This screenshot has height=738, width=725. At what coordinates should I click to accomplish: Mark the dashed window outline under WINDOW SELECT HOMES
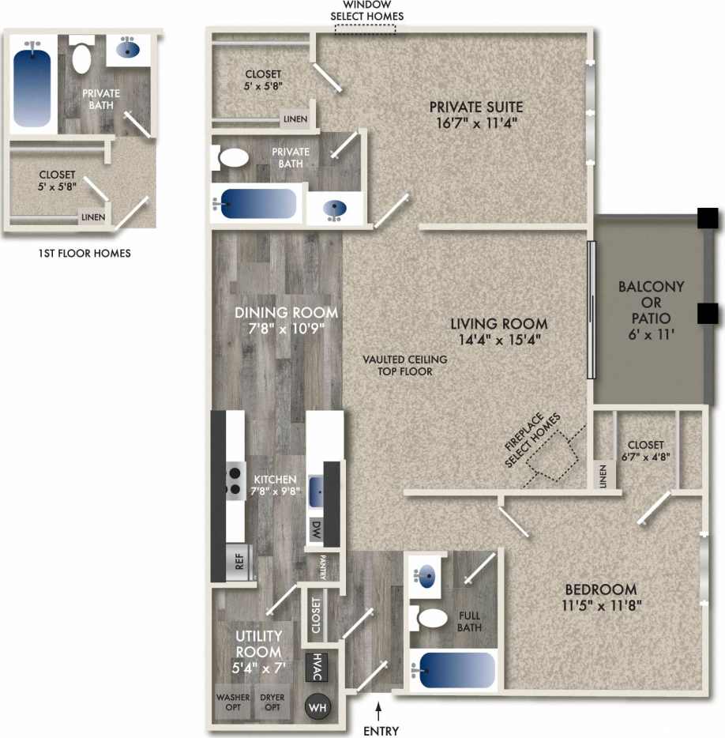[x=365, y=28]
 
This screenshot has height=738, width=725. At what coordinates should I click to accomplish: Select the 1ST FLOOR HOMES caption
[x=84, y=254]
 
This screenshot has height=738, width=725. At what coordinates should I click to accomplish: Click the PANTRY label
[x=323, y=567]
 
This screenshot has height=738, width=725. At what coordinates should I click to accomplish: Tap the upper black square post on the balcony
[x=707, y=217]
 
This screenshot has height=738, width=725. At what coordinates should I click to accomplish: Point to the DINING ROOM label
[x=286, y=312]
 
